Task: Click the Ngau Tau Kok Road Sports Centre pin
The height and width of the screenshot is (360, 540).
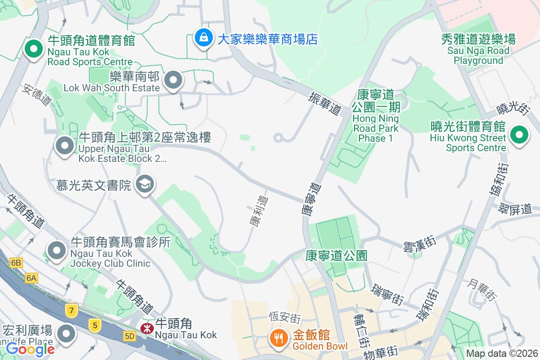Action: tap(33, 49)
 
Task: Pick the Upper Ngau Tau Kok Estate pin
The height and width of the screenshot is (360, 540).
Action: tap(64, 146)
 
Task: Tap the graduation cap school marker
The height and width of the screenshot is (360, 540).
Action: tap(145, 184)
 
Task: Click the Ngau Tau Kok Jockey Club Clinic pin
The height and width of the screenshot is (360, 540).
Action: tap(57, 251)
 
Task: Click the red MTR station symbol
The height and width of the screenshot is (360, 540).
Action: tap(146, 328)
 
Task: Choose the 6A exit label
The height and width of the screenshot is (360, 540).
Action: tap(31, 278)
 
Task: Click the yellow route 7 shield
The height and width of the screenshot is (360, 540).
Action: tap(71, 310)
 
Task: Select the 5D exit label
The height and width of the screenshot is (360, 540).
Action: tap(130, 336)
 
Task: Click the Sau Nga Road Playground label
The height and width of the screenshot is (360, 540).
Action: tap(478, 49)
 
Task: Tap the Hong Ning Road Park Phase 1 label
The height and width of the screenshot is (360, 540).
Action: tap(375, 116)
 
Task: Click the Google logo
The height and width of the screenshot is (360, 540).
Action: tap(30, 349)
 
